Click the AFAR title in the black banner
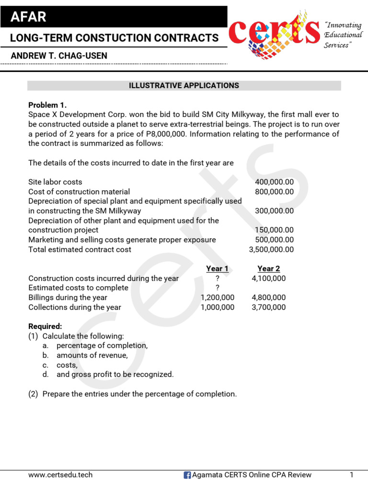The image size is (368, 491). coord(29,17)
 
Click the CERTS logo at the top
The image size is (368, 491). coord(275,33)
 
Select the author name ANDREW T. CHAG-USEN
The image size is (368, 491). coord(59,56)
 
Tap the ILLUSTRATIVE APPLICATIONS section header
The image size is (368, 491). coord(184,85)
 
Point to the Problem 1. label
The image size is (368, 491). coord(47,105)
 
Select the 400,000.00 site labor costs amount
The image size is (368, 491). coord(275,182)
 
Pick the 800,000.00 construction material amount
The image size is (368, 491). coord(275,192)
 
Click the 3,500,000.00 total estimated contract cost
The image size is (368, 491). coord(271,249)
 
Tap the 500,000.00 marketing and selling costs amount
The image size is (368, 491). coord(275,240)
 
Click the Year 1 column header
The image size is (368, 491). coord(217,269)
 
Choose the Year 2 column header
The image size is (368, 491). coord(268,269)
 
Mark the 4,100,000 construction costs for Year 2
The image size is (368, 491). coord(268,278)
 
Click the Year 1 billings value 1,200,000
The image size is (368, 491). coord(218,297)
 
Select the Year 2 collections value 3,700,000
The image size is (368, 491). coord(268,307)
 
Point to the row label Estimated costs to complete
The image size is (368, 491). coord(78,288)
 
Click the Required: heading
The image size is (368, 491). coord(45,326)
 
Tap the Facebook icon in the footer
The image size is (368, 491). coord(187,475)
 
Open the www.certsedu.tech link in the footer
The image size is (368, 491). coord(60,475)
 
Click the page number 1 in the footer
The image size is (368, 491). coord(351,475)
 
